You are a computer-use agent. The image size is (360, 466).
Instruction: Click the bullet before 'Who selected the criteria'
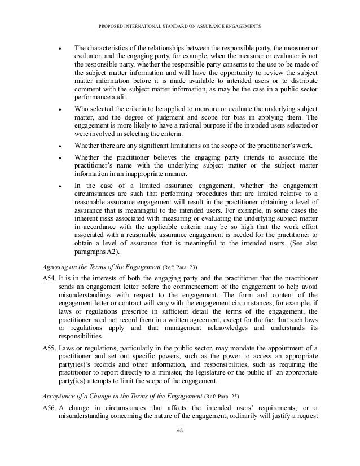point(59,108)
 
